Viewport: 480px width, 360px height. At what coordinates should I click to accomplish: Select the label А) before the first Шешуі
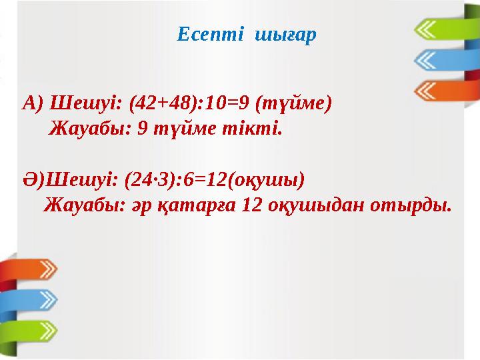(x=33, y=104)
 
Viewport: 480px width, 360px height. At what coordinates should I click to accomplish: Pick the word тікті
(x=257, y=127)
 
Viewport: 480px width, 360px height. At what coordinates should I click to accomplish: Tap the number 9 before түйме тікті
(x=141, y=127)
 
